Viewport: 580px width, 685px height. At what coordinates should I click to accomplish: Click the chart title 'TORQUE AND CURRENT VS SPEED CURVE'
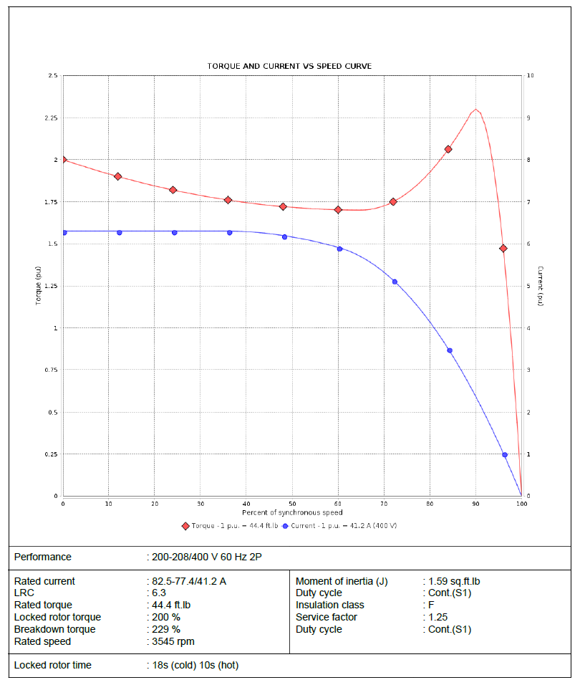289,66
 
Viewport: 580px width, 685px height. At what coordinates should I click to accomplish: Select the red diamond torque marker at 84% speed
448,149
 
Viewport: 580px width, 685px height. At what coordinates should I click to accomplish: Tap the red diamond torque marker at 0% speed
64,159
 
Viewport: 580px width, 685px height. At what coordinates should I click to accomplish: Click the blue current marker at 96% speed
505,455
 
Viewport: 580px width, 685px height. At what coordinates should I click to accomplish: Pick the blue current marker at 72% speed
395,282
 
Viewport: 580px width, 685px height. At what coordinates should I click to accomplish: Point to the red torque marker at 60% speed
339,210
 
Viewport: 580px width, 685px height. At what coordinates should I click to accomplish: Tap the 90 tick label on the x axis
475,504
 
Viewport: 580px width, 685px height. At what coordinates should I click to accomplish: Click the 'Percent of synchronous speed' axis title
292,512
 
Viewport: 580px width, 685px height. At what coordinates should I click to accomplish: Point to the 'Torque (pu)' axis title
39,286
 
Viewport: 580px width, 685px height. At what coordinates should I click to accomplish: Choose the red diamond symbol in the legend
186,526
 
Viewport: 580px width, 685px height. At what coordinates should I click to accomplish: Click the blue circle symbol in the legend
285,526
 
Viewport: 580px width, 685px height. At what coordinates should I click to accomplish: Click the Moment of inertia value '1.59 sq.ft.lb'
461,581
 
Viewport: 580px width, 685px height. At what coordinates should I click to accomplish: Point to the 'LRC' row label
24,593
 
